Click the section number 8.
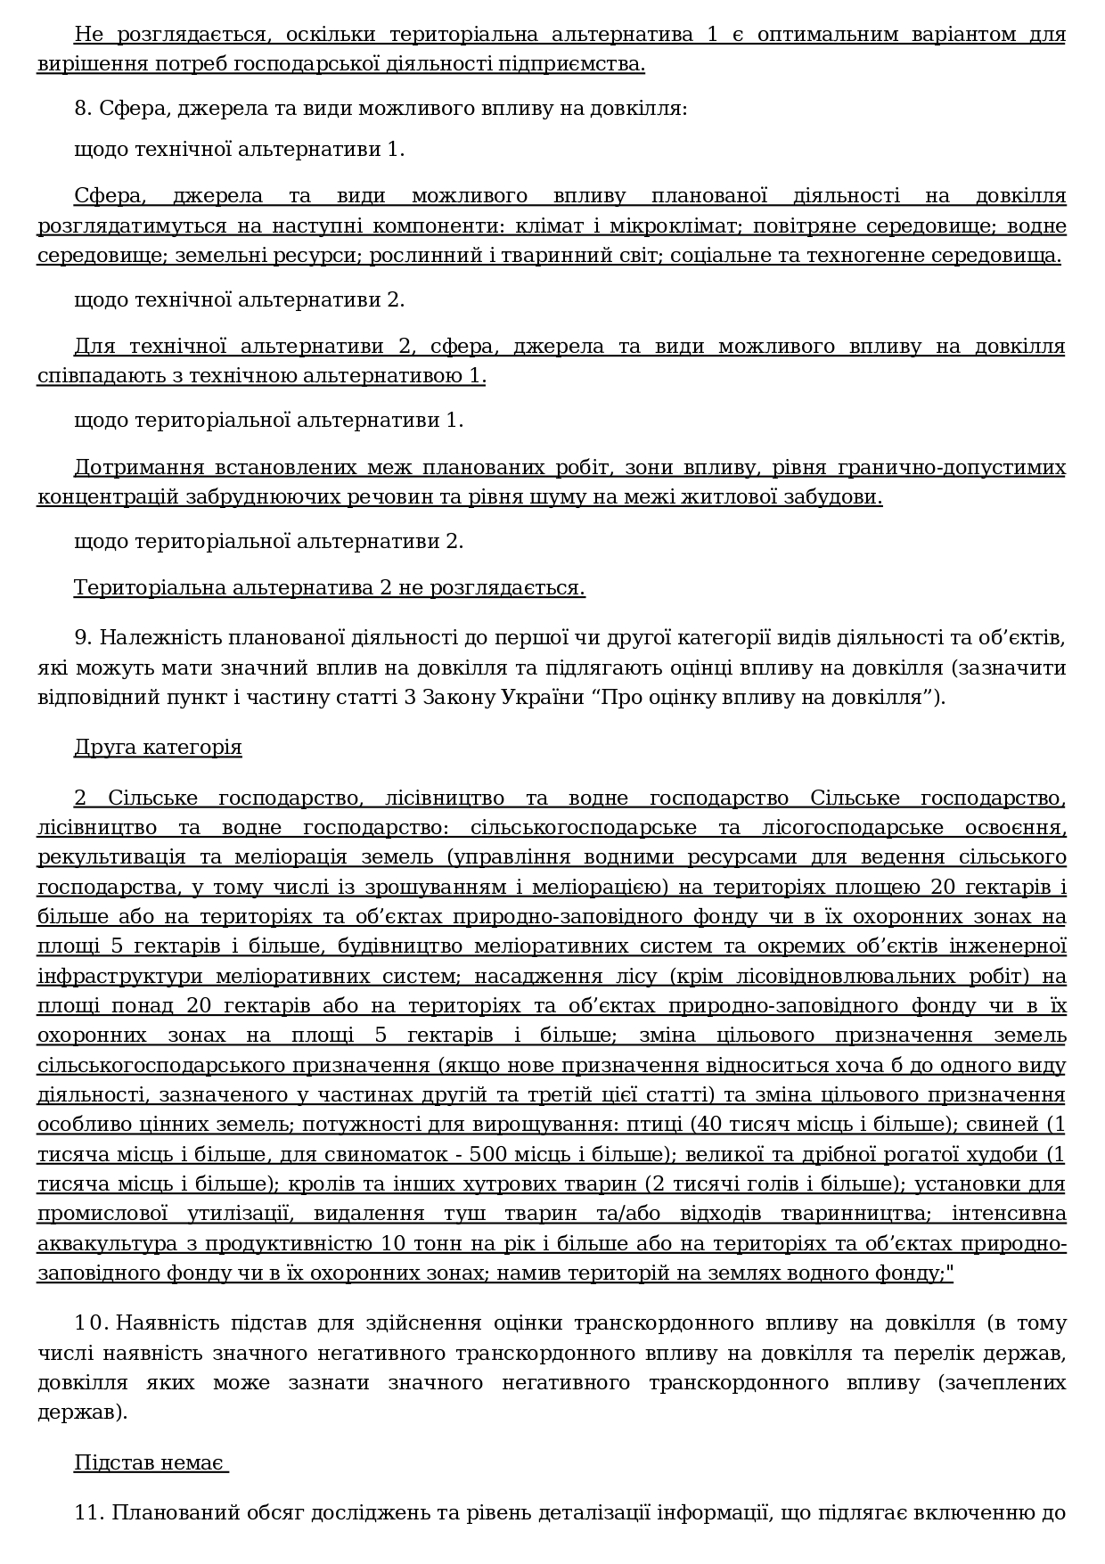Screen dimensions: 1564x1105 tap(83, 109)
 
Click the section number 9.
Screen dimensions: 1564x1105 tap(83, 638)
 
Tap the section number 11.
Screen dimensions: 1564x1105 tap(86, 1512)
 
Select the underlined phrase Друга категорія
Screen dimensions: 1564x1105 tap(158, 747)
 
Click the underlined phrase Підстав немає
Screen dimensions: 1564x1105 tap(150, 1463)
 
